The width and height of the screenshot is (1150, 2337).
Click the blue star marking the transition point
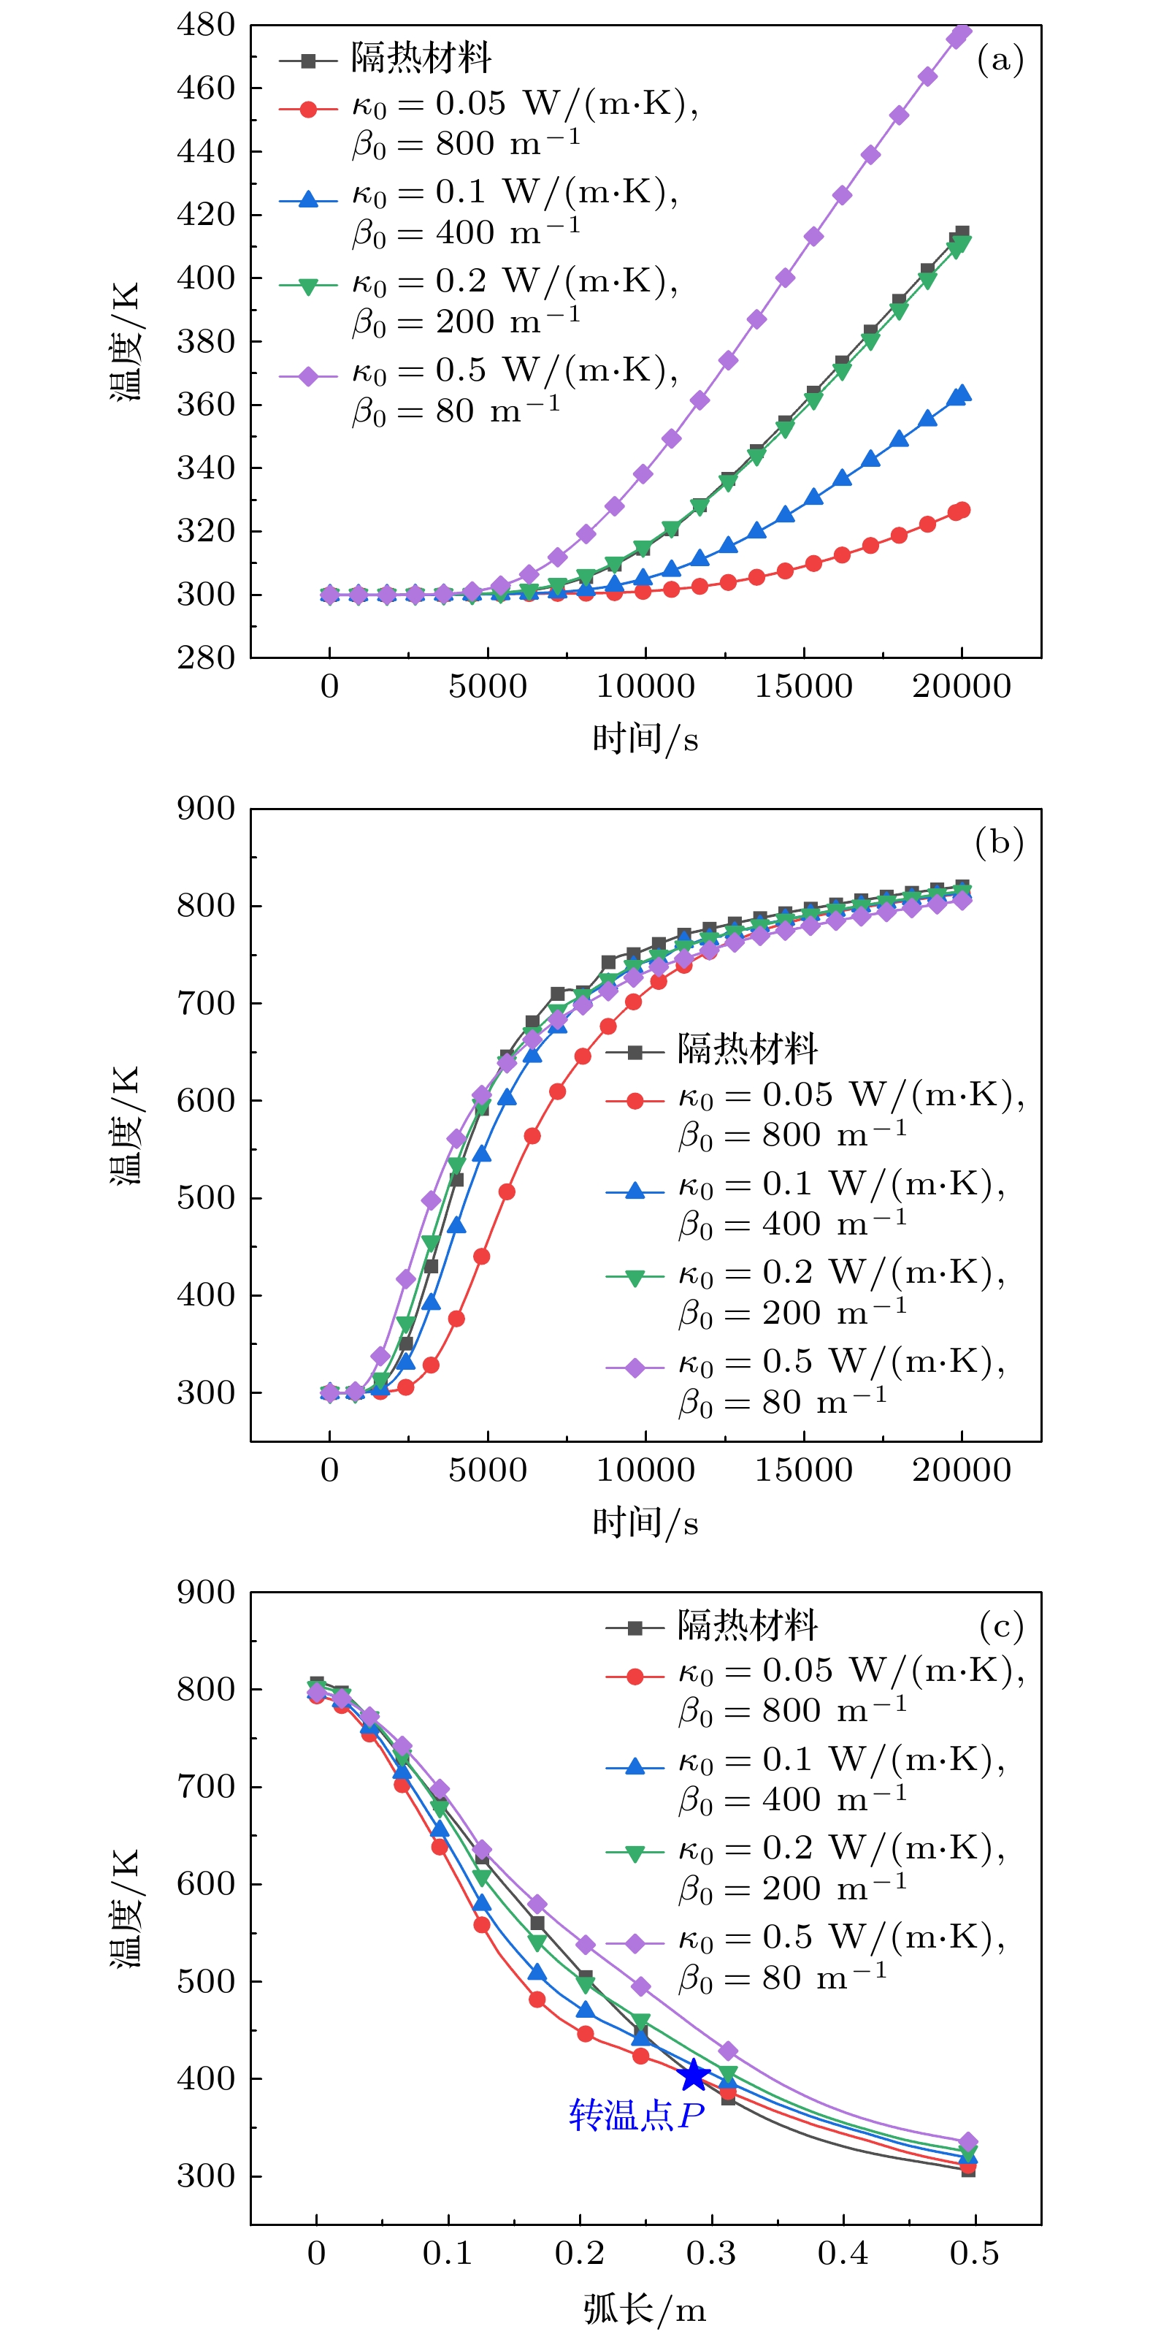point(694,2075)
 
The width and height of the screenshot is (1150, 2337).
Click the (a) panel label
point(1000,60)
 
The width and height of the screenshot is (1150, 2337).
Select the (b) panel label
point(999,843)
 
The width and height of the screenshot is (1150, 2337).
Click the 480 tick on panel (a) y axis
point(206,26)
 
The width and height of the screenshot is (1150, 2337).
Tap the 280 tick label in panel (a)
point(206,657)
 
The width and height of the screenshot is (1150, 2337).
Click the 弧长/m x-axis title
point(644,2309)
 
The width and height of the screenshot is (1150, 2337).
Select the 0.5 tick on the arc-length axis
point(974,2253)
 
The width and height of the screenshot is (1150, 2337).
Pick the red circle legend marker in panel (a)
point(308,109)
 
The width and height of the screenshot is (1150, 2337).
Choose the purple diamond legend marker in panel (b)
point(635,1367)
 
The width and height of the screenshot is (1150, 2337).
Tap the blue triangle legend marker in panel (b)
point(635,1189)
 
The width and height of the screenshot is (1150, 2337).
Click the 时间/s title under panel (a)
point(645,739)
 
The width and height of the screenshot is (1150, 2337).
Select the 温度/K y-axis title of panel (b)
point(125,1125)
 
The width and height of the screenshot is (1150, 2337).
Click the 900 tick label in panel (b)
point(206,808)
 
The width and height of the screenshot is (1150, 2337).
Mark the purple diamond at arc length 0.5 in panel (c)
point(967,2142)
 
